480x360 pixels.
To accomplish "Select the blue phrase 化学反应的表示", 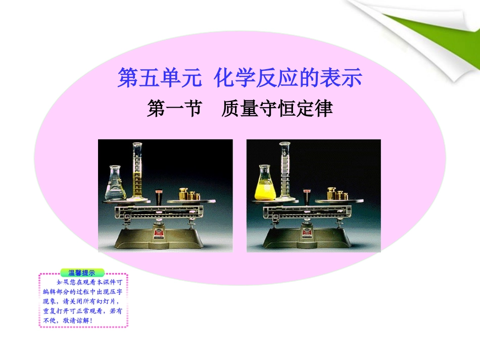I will pyautogui.click(x=288, y=79).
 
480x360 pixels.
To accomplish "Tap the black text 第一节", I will pyautogui.click(x=174, y=109).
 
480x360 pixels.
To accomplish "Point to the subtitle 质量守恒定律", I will pyautogui.click(x=277, y=109).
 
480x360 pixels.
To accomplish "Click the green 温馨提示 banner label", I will pyautogui.click(x=82, y=273).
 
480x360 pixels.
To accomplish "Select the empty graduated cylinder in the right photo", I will pyautogui.click(x=285, y=172).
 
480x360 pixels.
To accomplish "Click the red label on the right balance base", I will pyautogui.click(x=307, y=233).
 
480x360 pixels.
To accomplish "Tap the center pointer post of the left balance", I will pyautogui.click(x=158, y=197).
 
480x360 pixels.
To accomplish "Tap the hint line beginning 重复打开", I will pyautogui.click(x=83, y=311).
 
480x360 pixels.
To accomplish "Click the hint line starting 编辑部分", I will pyautogui.click(x=83, y=292).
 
